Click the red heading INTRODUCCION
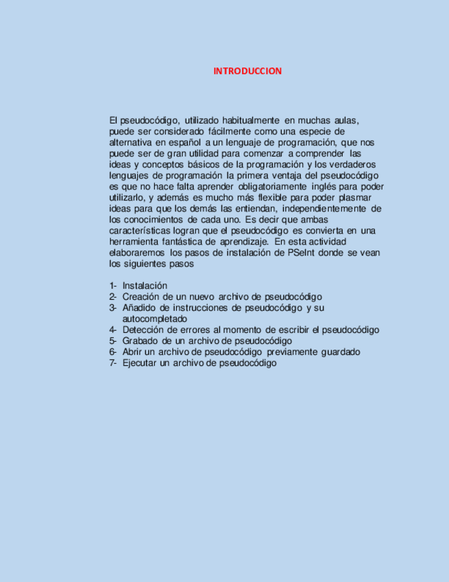(x=247, y=71)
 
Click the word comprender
(x=321, y=154)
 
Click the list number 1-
(x=113, y=286)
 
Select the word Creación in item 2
(x=141, y=296)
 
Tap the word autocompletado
(x=154, y=318)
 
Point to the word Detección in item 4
(x=143, y=329)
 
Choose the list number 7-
(x=113, y=363)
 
